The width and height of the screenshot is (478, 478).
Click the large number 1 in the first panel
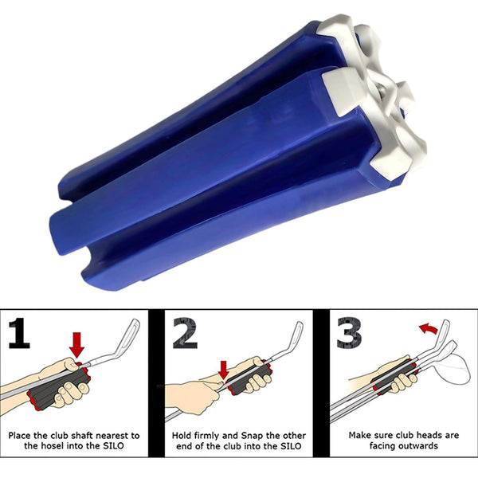pyautogui.click(x=21, y=335)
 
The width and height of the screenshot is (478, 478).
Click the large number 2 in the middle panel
pyautogui.click(x=186, y=335)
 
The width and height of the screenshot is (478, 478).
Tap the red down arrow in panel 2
pyautogui.click(x=224, y=368)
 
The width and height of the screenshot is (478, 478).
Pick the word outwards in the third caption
pyautogui.click(x=419, y=448)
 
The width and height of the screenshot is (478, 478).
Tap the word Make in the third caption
pyautogui.click(x=362, y=436)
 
